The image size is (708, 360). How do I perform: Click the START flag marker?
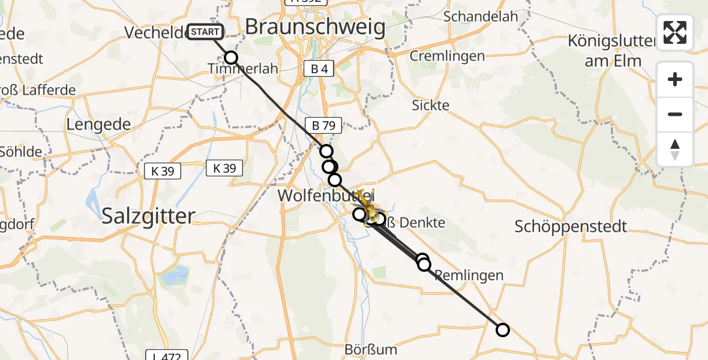coord(206,32)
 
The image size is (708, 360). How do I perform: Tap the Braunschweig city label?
coord(315,27)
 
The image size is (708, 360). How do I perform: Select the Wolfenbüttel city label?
coord(324,196)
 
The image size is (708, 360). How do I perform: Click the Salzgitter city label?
coord(149,216)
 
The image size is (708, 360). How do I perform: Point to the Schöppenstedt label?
coord(571,227)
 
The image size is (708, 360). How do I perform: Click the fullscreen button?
coord(675,32)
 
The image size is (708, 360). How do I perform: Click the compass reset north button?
coord(675,149)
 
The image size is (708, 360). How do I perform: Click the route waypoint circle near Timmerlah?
coord(231,58)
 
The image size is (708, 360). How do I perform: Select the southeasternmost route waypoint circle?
coord(503,329)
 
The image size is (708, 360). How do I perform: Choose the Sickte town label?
coord(430,105)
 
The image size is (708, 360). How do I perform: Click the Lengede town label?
coord(98,125)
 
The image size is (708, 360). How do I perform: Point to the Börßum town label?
coord(371,349)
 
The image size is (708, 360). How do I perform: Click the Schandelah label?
coord(481,16)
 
